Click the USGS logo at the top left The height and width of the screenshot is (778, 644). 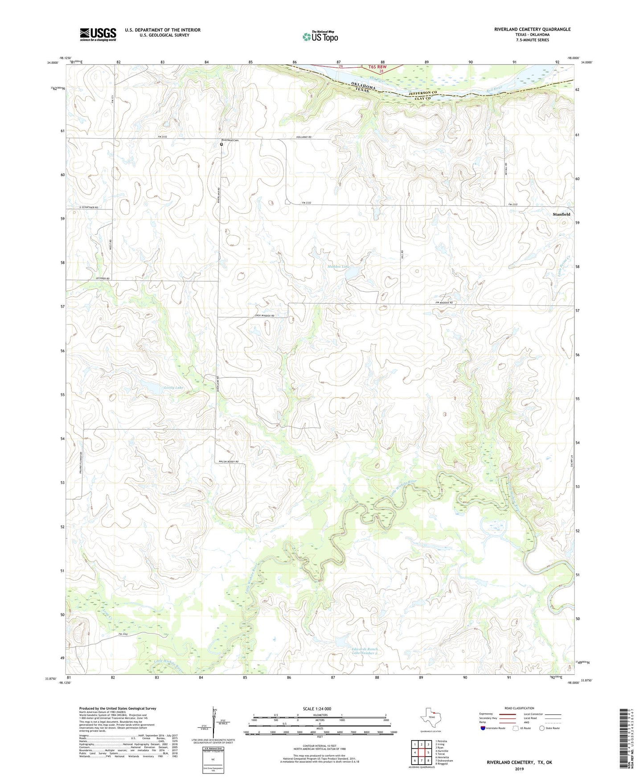point(98,34)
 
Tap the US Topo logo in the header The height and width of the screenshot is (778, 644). point(320,37)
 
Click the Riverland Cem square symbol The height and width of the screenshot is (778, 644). point(222,144)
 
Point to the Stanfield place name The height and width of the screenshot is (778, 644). point(561,214)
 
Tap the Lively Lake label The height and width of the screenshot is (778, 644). point(173,388)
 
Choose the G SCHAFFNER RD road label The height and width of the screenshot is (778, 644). point(88,208)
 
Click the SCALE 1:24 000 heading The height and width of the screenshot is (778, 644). point(317,708)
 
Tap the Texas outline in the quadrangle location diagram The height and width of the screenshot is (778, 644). point(430,719)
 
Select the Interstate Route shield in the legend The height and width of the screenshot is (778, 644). point(483,728)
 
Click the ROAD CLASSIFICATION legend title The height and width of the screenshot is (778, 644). point(519,708)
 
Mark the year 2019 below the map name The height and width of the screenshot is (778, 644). point(519,769)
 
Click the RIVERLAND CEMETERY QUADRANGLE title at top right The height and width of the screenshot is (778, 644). point(532,29)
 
